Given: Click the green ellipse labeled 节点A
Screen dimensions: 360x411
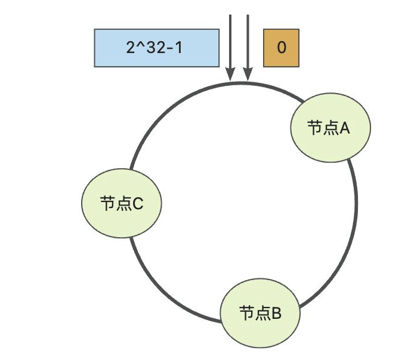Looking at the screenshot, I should [x=330, y=128].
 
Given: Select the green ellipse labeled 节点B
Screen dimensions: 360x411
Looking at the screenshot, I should [x=261, y=312].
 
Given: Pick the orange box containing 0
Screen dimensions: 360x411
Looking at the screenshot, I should [x=282, y=48].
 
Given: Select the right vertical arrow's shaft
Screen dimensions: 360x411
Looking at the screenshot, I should [x=248, y=42].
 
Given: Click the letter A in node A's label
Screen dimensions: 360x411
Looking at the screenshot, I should [x=344, y=128].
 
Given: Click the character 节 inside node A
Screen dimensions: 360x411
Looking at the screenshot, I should [x=315, y=128].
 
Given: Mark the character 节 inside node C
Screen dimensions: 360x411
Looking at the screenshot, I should [x=106, y=204].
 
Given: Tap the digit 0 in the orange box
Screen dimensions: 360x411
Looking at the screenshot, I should [x=282, y=48].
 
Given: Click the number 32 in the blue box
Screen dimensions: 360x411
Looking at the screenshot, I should [x=153, y=48].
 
